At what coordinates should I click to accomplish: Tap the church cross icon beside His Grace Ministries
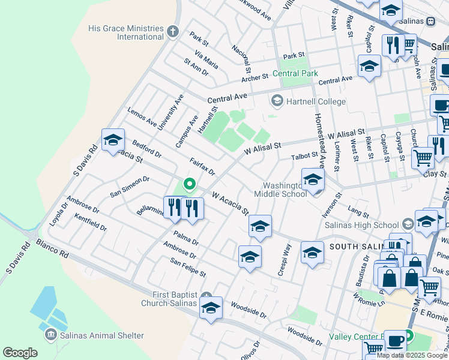point(173,31)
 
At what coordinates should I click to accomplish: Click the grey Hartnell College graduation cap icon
point(277,100)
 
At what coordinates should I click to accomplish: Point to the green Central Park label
point(295,74)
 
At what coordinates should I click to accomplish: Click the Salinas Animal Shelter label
point(102,335)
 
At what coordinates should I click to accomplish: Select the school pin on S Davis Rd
point(113,141)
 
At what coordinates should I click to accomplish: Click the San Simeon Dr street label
point(129,187)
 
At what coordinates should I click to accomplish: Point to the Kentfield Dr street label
point(90,223)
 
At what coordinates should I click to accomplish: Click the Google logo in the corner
point(20,353)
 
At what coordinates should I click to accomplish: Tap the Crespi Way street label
point(284,260)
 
